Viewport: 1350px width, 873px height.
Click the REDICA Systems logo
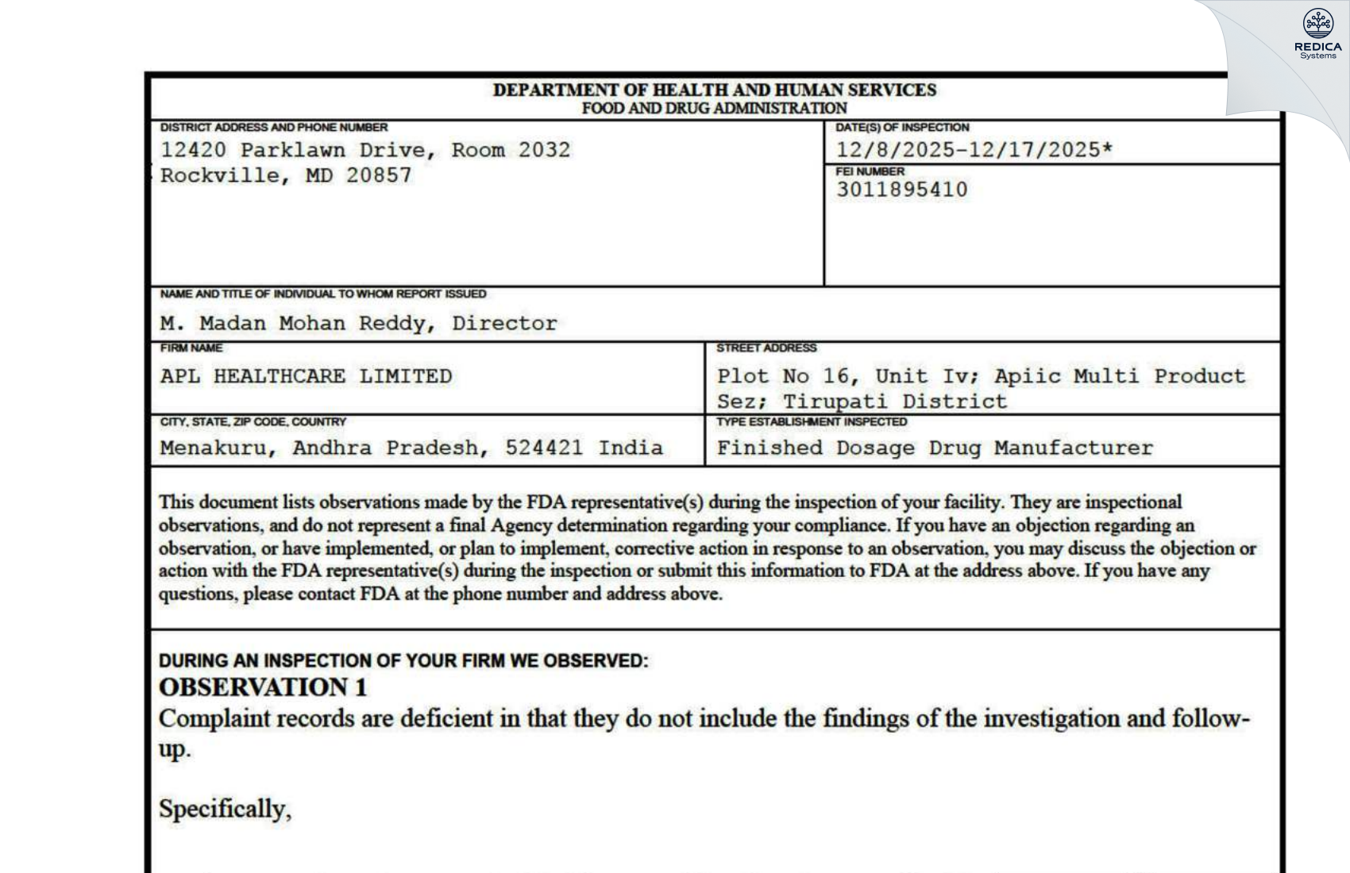[x=1317, y=34]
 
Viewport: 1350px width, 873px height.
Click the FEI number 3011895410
[x=901, y=190]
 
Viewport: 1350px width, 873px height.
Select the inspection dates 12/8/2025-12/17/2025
[x=974, y=150]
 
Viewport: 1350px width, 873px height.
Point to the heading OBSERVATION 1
[x=263, y=687]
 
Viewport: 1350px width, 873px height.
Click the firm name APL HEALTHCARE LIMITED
[x=306, y=376]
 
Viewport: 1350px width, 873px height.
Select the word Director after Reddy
[x=504, y=324]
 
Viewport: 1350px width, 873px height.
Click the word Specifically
[x=225, y=810]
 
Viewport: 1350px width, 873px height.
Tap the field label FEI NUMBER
[x=870, y=171]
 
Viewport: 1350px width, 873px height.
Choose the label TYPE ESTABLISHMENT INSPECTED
[x=811, y=422]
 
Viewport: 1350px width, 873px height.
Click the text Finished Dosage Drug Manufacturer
[x=935, y=448]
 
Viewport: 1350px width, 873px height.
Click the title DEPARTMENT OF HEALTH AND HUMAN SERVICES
[x=714, y=90]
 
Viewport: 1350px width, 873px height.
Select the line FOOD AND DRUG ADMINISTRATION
[x=714, y=108]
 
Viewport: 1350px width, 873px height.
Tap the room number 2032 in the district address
[x=544, y=150]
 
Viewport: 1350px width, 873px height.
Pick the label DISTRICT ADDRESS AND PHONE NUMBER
[x=274, y=128]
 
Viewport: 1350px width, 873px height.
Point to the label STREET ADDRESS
[x=766, y=348]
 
